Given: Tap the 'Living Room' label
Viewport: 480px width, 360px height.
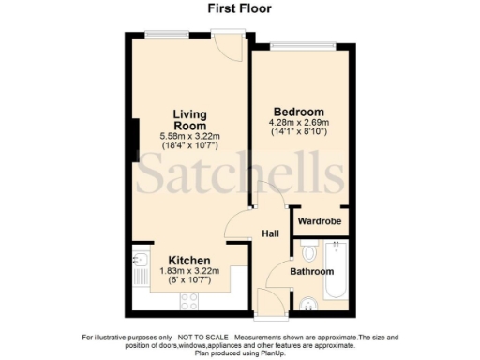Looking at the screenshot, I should pyautogui.click(x=188, y=120).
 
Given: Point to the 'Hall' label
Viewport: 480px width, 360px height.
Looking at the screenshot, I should pyautogui.click(x=269, y=234).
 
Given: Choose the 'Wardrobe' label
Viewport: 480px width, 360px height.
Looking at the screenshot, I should pyautogui.click(x=319, y=221).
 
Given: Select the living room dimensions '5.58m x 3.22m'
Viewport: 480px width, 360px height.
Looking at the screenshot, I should pyautogui.click(x=188, y=137).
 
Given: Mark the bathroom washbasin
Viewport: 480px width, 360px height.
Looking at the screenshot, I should pyautogui.click(x=310, y=301).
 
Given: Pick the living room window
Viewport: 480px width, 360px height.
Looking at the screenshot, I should pyautogui.click(x=168, y=35).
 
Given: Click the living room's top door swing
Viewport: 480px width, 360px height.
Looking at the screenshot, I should pyautogui.click(x=226, y=47).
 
